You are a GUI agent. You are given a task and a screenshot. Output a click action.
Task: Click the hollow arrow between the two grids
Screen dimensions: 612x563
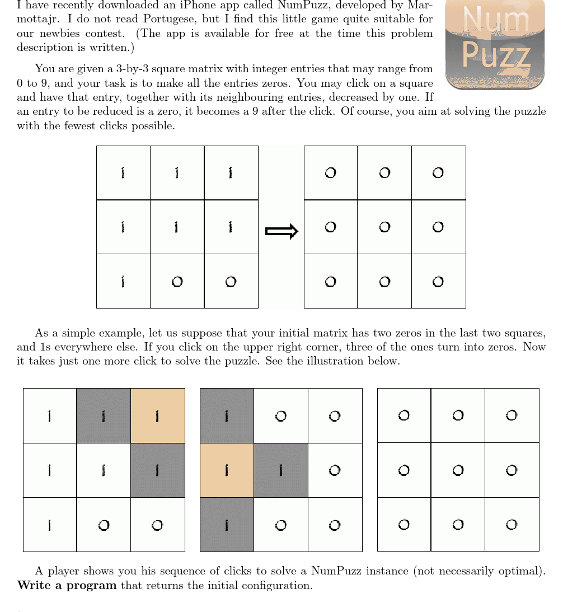pyautogui.click(x=281, y=231)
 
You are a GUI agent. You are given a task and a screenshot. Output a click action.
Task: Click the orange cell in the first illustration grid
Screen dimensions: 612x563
pyautogui.click(x=158, y=415)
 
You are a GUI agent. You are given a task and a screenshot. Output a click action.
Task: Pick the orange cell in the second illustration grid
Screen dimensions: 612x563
pyautogui.click(x=227, y=470)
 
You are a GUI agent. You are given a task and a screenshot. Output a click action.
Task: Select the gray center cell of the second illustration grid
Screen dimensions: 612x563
pyautogui.click(x=280, y=470)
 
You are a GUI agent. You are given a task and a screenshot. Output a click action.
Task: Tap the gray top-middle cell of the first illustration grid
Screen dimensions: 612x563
pyautogui.click(x=104, y=415)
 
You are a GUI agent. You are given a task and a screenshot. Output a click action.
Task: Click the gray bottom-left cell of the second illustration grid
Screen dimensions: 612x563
pyautogui.click(x=227, y=524)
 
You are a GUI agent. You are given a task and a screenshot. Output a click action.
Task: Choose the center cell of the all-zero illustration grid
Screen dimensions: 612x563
pyautogui.click(x=458, y=470)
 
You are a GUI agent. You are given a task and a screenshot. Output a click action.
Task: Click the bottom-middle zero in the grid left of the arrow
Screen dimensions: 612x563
pyautogui.click(x=177, y=282)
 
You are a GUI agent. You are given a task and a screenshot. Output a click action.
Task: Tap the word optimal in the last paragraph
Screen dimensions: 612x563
pyautogui.click(x=525, y=572)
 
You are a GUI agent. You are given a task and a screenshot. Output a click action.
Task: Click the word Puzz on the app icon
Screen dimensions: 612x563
pyautogui.click(x=496, y=57)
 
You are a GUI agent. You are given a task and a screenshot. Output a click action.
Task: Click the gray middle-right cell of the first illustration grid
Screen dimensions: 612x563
pyautogui.click(x=158, y=470)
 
